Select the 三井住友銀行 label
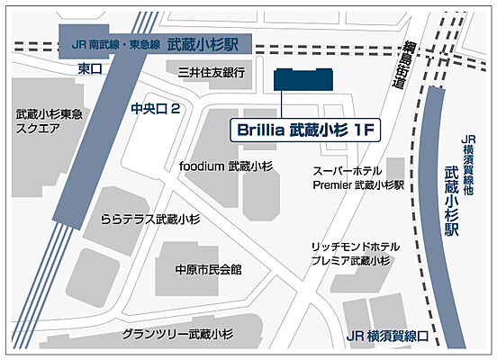point(212,71)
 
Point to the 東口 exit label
point(89,68)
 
